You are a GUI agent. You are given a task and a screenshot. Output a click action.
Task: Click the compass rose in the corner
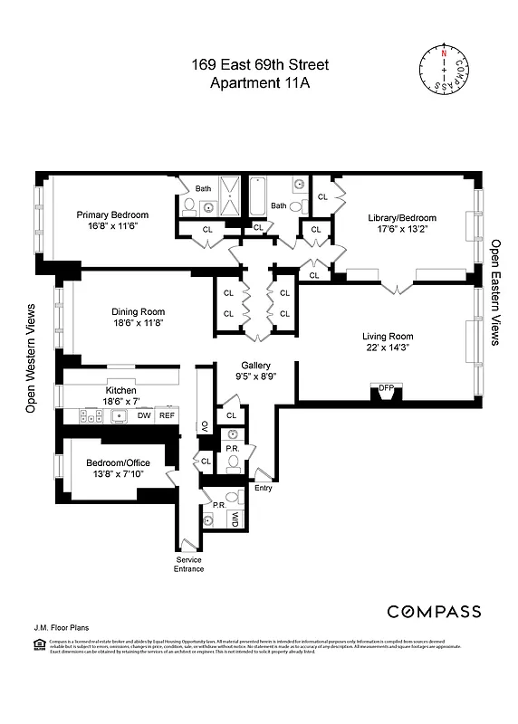(x=444, y=69)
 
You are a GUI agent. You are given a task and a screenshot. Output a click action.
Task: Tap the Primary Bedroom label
(x=112, y=215)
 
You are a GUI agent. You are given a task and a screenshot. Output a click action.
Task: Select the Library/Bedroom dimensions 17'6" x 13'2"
(x=401, y=230)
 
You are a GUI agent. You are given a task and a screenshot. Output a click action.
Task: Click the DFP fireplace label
(x=386, y=387)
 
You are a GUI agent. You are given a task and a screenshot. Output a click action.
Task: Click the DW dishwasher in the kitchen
(x=144, y=415)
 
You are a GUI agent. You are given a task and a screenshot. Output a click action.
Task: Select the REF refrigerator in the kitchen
(x=167, y=415)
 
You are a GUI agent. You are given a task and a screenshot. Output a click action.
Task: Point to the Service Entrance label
(x=189, y=565)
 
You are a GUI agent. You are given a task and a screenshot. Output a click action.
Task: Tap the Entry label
(x=264, y=488)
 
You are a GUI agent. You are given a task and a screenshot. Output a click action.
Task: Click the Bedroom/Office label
(x=118, y=462)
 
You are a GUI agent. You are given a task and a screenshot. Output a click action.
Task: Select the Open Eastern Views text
(x=495, y=292)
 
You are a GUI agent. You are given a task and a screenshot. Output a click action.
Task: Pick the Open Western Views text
(x=30, y=358)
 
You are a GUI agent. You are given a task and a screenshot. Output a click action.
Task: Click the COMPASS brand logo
(x=434, y=612)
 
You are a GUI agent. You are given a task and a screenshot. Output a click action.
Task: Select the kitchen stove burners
(x=90, y=416)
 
